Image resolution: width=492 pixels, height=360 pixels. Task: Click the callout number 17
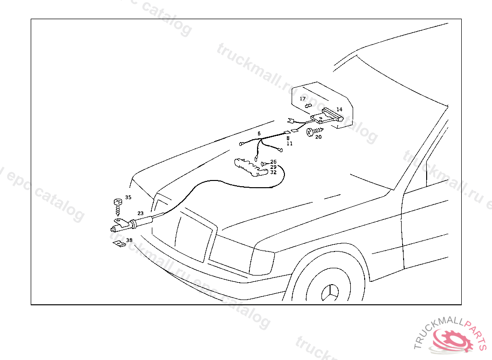303,99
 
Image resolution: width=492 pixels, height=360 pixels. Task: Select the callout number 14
339,109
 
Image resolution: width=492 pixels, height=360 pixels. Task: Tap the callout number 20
318,137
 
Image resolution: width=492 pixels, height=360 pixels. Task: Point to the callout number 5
259,133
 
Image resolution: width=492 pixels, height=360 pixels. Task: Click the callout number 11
290,143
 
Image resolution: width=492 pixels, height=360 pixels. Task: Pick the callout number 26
273,162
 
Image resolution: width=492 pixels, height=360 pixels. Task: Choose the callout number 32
273,172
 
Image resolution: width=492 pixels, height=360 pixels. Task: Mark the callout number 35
128,197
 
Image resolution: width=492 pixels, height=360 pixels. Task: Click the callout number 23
140,213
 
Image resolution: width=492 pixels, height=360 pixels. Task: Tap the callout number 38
129,240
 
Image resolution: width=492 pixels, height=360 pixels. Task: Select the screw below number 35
117,206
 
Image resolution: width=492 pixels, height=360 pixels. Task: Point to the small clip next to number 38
118,244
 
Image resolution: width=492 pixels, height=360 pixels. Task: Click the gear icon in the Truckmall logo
449,341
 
